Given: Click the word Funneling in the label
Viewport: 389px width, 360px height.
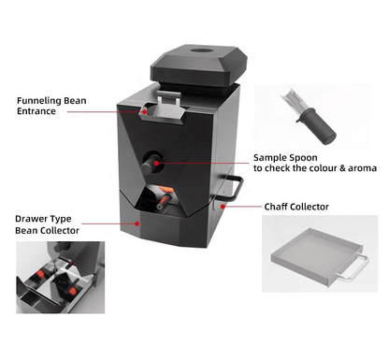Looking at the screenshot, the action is [x=39, y=101].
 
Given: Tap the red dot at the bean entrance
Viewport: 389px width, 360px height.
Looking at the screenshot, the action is [x=145, y=111].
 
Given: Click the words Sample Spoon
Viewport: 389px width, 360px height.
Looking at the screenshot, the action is [x=285, y=157].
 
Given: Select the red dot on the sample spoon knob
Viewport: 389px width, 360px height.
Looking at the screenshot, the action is [x=156, y=163].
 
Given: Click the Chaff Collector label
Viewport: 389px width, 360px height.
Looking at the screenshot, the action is [x=296, y=207].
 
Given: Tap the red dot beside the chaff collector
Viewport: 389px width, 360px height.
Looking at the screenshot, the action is [x=223, y=207].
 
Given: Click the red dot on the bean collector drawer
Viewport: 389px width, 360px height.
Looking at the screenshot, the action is [x=137, y=223].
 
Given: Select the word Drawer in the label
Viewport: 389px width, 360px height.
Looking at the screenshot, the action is [x=30, y=219].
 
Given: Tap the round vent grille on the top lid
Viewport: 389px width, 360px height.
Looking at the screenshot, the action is [x=200, y=50].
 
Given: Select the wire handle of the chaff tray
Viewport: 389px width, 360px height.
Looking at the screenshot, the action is [x=353, y=269].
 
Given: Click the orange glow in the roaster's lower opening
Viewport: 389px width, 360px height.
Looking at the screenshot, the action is [x=166, y=189].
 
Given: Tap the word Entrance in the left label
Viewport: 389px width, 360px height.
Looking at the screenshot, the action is [x=36, y=111].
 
